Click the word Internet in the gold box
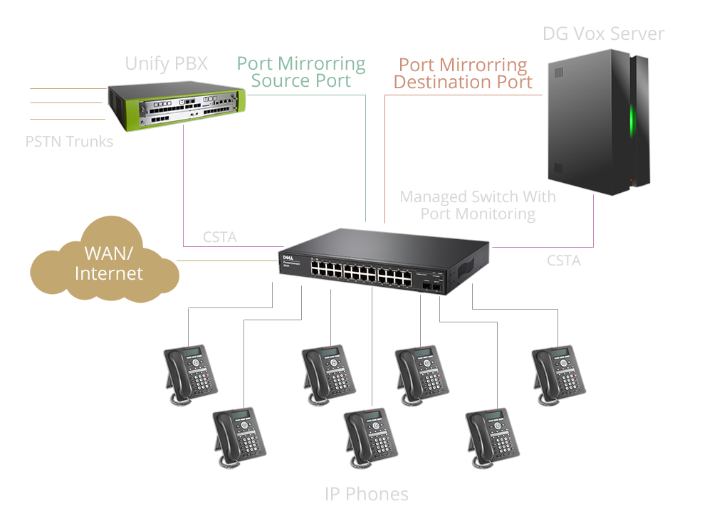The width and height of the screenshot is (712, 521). [109, 273]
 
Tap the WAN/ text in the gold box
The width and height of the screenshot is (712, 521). [109, 253]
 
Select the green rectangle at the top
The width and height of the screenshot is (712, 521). [300, 72]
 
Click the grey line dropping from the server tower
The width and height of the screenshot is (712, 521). [595, 221]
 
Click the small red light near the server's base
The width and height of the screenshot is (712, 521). [630, 180]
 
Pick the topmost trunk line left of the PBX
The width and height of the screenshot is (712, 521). [68, 89]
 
